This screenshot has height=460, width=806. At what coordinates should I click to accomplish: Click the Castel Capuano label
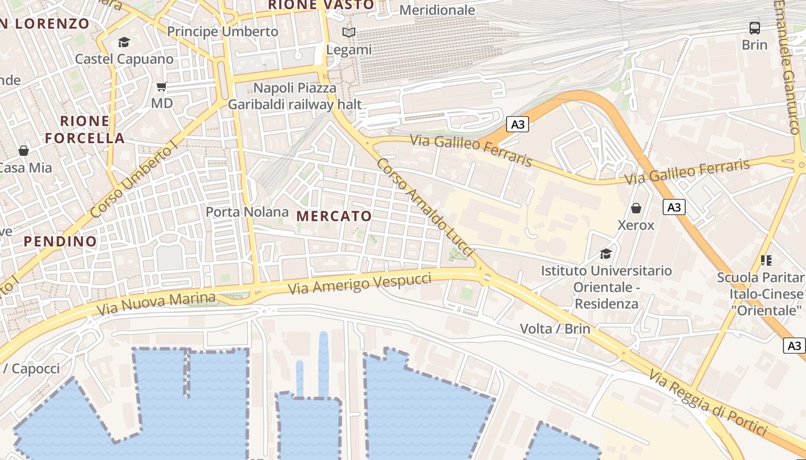(x=124, y=59)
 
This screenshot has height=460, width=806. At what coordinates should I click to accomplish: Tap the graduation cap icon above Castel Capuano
(x=124, y=42)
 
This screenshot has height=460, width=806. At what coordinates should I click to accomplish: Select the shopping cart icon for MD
(x=162, y=87)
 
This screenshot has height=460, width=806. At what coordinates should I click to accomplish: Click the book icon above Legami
(x=349, y=33)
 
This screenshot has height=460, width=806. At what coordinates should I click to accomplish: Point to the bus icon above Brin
(x=754, y=28)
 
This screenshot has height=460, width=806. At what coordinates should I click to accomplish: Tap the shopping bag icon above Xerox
(x=636, y=208)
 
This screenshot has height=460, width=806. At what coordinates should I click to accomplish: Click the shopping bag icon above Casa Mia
(x=24, y=151)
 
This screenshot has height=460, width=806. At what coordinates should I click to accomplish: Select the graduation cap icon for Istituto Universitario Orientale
(x=606, y=254)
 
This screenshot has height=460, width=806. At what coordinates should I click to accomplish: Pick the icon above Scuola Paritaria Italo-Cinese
(x=766, y=260)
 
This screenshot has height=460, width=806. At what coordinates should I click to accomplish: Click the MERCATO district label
(x=334, y=216)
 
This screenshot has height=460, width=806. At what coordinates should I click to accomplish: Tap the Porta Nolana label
(x=248, y=212)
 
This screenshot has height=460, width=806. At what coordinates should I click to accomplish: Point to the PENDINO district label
(x=60, y=241)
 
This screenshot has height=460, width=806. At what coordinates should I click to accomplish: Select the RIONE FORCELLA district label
(x=85, y=129)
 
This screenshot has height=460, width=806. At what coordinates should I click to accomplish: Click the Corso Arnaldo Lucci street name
(x=425, y=208)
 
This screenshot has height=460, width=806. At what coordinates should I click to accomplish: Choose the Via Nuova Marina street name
(x=156, y=304)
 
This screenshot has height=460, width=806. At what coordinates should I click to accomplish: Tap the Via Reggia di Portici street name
(x=708, y=402)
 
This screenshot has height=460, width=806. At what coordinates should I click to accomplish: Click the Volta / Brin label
(x=555, y=329)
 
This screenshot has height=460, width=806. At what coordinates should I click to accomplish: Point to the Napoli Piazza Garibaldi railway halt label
(x=295, y=96)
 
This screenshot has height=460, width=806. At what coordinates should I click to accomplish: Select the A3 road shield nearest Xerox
(x=674, y=207)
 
